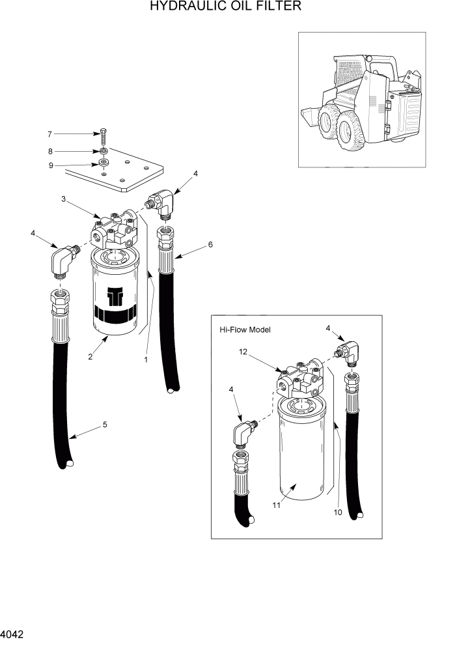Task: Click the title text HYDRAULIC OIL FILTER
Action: [x=225, y=7]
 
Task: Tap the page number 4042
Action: [x=14, y=632]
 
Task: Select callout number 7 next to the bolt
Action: [x=49, y=134]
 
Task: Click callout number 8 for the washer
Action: [x=49, y=150]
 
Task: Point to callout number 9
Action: [x=49, y=165]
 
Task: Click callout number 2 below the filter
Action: [x=90, y=356]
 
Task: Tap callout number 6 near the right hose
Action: [x=210, y=245]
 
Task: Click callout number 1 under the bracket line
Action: [x=145, y=358]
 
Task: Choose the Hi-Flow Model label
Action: [x=245, y=330]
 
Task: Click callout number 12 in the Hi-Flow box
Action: [x=243, y=352]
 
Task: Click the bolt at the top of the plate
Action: [x=104, y=138]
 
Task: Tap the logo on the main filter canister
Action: [x=115, y=296]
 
